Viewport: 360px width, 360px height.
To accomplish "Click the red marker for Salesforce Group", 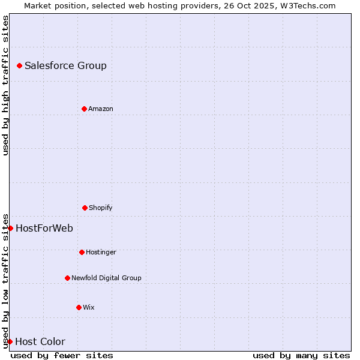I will pyautogui.click(x=19, y=65).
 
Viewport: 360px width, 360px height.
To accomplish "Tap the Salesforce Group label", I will pyautogui.click(x=65, y=66).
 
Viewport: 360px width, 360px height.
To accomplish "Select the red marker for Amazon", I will pyautogui.click(x=84, y=109).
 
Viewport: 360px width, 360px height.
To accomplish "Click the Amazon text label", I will pyautogui.click(x=101, y=109).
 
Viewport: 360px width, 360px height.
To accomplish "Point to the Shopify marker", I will pyautogui.click(x=85, y=208).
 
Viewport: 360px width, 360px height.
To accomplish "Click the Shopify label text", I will pyautogui.click(x=101, y=208).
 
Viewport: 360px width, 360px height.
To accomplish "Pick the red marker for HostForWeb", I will pyautogui.click(x=10, y=228).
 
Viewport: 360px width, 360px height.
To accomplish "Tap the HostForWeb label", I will pyautogui.click(x=44, y=229).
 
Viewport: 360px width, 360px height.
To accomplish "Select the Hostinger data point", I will pyautogui.click(x=82, y=252).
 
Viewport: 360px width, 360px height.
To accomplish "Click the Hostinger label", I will pyautogui.click(x=101, y=253).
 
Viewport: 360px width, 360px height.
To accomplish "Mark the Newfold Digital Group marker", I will pyautogui.click(x=67, y=278).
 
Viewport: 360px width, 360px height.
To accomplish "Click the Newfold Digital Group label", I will pyautogui.click(x=106, y=278).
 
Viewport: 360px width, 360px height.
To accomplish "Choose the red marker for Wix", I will pyautogui.click(x=79, y=307).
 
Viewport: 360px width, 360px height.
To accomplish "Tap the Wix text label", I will pyautogui.click(x=89, y=308).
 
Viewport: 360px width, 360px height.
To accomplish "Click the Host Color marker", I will pyautogui.click(x=10, y=341).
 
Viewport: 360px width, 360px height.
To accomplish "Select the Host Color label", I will pyautogui.click(x=40, y=342).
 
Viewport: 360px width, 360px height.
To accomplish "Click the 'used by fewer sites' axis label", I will pyautogui.click(x=62, y=355).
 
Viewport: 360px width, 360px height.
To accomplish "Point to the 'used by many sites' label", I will pyautogui.click(x=301, y=355).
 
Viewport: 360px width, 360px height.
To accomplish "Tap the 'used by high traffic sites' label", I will pyautogui.click(x=5, y=85).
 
